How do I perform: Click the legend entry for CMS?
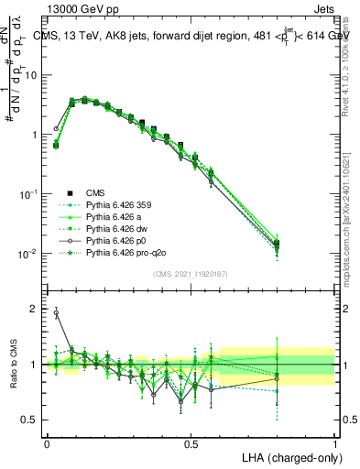96,192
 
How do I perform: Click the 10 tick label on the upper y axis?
29,75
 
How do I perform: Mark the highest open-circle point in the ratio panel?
56,312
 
